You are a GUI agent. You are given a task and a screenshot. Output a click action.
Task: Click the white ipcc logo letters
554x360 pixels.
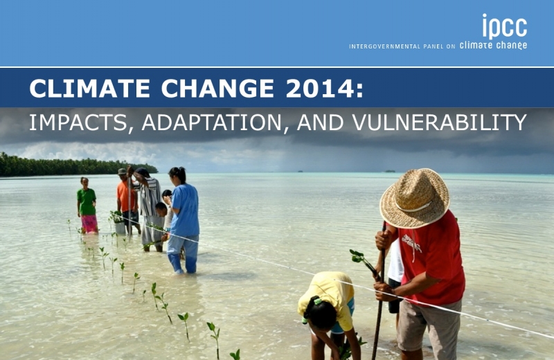[x=505, y=26]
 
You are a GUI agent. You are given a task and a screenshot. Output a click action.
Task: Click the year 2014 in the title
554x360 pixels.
[x=324, y=89]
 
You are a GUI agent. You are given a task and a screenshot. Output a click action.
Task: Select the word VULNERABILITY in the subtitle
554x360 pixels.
[x=439, y=123]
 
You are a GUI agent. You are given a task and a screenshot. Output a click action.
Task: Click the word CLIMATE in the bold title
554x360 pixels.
[x=90, y=89]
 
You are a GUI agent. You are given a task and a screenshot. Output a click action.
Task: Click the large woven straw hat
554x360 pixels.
[x=414, y=198]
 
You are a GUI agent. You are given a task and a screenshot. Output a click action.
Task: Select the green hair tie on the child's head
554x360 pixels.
[x=318, y=301]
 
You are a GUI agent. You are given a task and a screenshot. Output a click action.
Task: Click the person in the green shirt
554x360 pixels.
[x=87, y=205]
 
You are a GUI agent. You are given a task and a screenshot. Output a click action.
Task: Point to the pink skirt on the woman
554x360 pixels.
[x=89, y=224]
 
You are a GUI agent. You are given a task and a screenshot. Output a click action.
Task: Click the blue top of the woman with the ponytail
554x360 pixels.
[x=185, y=210]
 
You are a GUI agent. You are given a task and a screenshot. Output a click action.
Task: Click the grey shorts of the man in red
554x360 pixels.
[x=429, y=327]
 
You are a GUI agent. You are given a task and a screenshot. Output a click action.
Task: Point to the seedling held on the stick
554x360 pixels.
[x=361, y=260]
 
